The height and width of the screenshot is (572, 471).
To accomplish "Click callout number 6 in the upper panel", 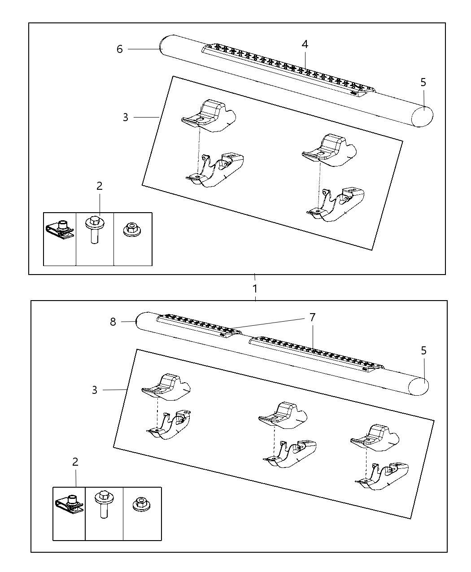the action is point(119,49).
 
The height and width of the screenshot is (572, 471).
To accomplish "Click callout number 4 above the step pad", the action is point(305,44).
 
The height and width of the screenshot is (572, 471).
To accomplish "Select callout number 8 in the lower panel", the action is point(113,322).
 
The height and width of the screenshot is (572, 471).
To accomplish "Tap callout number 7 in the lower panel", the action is point(312,318).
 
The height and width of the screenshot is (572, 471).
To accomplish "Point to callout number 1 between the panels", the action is point(255,289).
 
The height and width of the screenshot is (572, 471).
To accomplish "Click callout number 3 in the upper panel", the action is point(125,117).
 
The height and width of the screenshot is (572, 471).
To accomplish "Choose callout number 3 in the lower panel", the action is point(95,390).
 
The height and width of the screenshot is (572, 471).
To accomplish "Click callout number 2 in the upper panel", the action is point(100,186).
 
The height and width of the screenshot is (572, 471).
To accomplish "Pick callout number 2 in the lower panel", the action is point(75,462).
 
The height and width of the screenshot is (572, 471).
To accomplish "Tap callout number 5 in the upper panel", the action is point(423,82).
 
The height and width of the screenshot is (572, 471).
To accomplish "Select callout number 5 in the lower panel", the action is point(423,351).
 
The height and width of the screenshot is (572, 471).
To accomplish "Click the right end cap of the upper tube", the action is point(422,117).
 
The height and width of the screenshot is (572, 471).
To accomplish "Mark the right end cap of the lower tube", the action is point(419,386).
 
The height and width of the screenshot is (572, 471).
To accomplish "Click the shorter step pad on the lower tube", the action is point(199,326).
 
